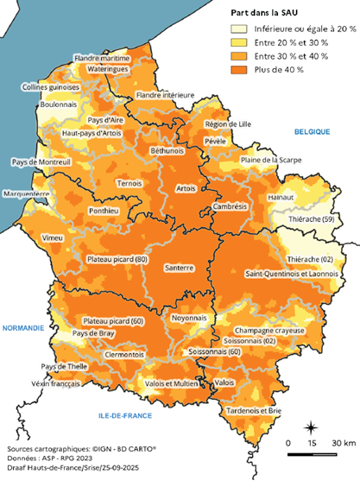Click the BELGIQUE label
pyautogui.click(x=313, y=132)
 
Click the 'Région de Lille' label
pyautogui.click(x=227, y=124)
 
